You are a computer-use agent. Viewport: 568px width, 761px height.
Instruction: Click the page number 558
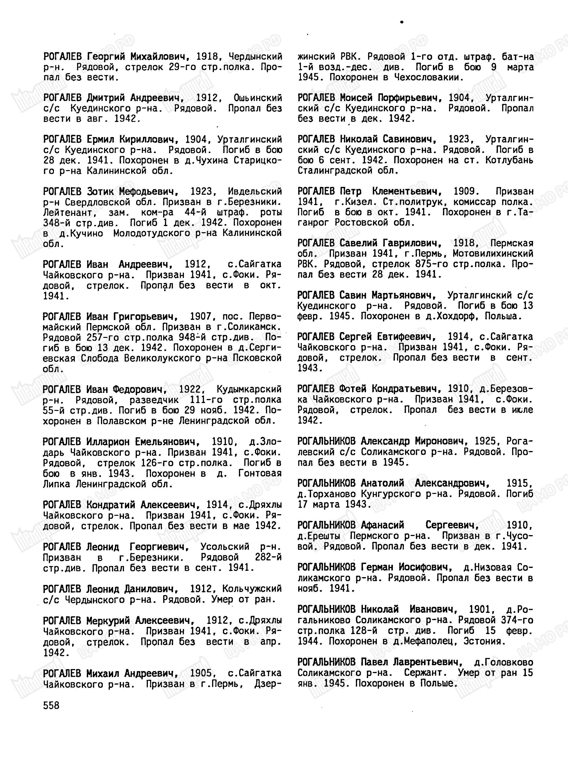point(51,706)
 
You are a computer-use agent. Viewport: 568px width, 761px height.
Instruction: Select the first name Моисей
point(356,98)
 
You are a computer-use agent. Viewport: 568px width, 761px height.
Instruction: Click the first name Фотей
point(353,389)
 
